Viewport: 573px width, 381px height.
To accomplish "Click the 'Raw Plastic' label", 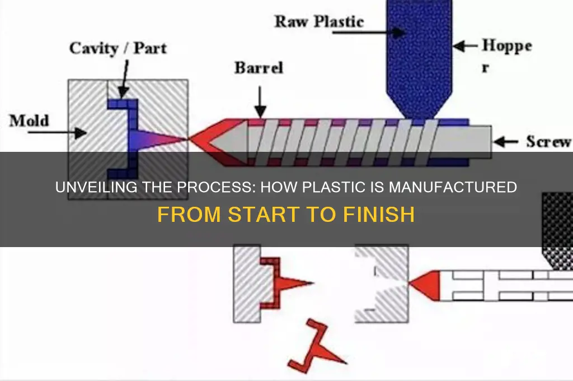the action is pyautogui.click(x=319, y=22).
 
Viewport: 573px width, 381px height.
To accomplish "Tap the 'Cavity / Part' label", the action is pyautogui.click(x=118, y=48).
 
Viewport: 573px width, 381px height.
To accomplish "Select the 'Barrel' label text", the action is pyautogui.click(x=259, y=68).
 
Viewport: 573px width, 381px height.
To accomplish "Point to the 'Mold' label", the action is pyautogui.click(x=29, y=121).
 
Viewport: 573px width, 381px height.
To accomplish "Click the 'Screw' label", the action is pyautogui.click(x=548, y=142).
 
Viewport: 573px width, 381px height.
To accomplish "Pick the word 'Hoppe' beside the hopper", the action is pyautogui.click(x=507, y=47).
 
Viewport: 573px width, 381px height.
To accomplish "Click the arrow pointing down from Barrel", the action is pyautogui.click(x=260, y=102).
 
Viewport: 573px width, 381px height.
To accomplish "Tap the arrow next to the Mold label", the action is pyautogui.click(x=58, y=132).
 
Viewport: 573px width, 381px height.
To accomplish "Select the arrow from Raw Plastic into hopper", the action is pyautogui.click(x=369, y=32).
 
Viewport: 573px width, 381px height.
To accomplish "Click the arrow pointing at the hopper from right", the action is pyautogui.click(x=466, y=46).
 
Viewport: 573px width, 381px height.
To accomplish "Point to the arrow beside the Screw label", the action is pyautogui.click(x=505, y=142).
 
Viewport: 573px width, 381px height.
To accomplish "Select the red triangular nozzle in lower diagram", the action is pyautogui.click(x=425, y=285).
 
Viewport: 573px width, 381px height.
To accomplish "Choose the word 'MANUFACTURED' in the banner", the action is pyautogui.click(x=452, y=187).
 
